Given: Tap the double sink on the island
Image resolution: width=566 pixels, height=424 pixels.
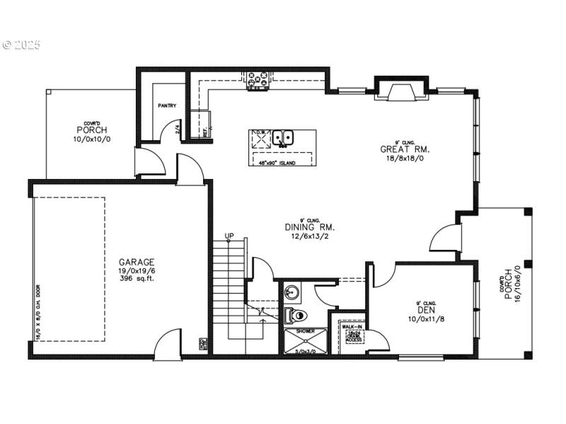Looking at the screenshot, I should tap(284, 137).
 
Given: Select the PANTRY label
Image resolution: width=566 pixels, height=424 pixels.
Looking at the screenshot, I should tap(167, 106).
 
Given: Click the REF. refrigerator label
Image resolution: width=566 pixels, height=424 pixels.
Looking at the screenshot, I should tap(205, 131).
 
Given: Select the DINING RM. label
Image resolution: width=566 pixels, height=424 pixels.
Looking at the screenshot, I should tap(310, 227).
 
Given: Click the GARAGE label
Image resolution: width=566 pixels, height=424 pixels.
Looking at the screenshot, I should tap(137, 262).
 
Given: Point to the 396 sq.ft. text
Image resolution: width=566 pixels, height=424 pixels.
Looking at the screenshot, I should tap(137, 279).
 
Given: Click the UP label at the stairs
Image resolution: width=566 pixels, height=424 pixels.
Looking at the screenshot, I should tap(229, 236).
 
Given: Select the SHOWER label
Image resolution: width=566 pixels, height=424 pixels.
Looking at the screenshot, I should tap(306, 331).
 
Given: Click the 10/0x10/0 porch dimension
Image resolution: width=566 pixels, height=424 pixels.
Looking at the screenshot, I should tap(91, 139).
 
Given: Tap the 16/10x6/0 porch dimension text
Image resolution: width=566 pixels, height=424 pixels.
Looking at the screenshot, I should tap(516, 283).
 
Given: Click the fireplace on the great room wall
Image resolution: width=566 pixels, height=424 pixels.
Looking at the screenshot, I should tap(401, 91).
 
